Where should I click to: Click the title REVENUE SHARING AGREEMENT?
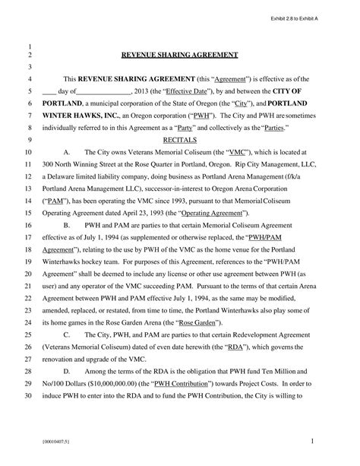180,55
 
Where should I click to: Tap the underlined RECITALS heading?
180,141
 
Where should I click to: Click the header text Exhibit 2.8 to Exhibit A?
297,17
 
